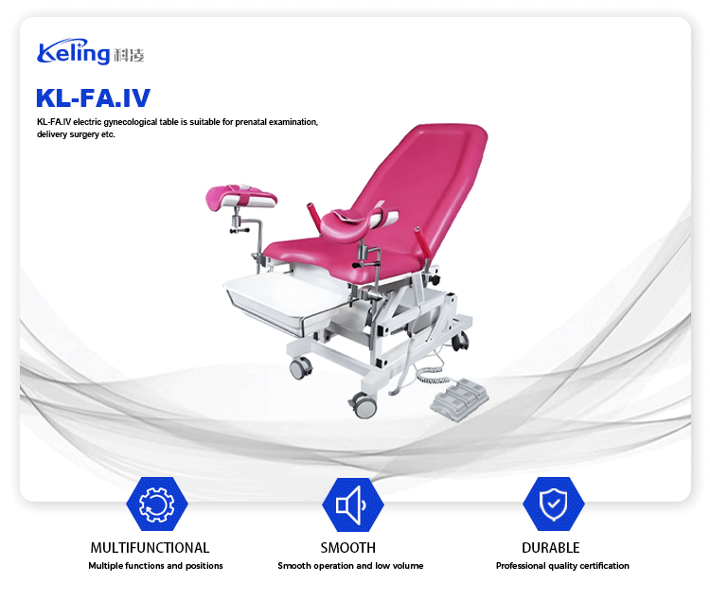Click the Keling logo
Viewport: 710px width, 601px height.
[x=91, y=52]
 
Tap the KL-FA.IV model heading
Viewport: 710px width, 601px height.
[x=93, y=98]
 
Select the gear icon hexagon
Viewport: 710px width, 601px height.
[x=156, y=504]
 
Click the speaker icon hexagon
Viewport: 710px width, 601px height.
[x=353, y=504]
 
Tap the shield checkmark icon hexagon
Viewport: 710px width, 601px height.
[x=554, y=504]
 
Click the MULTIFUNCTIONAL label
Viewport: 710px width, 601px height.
[x=150, y=548]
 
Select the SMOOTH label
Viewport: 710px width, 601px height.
[x=347, y=548]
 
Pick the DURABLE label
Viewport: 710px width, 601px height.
[x=551, y=548]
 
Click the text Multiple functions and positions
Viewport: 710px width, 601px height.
[x=155, y=566]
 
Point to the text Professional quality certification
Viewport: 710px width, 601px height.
[x=562, y=566]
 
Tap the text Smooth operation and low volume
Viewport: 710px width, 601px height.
[x=350, y=566]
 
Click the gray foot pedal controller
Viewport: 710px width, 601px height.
[x=459, y=399]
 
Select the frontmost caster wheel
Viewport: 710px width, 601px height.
[x=364, y=405]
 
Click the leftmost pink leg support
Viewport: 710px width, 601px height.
[x=240, y=197]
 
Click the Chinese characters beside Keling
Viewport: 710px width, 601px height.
[x=129, y=55]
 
